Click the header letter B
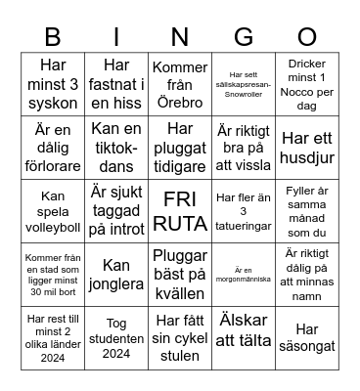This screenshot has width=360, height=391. click(x=52, y=37)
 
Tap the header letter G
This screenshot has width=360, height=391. click(x=243, y=37)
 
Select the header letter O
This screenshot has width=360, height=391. click(x=307, y=37)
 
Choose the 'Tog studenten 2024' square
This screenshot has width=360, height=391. click(x=115, y=335)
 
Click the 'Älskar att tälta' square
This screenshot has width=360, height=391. click(x=243, y=335)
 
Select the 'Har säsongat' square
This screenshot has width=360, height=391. click(x=307, y=335)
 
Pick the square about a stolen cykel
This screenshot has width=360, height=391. click(x=179, y=335)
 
